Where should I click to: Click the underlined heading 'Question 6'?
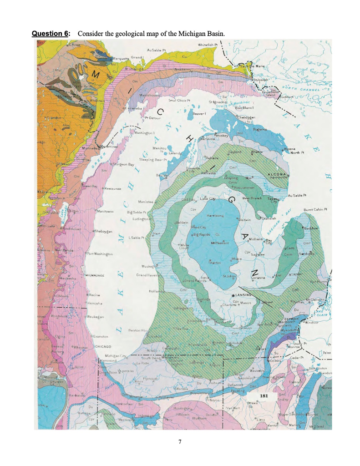pos(51,34)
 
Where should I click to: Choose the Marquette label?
pos(121,59)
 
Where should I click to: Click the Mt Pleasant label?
pos(219,243)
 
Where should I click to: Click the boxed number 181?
pos(263,396)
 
